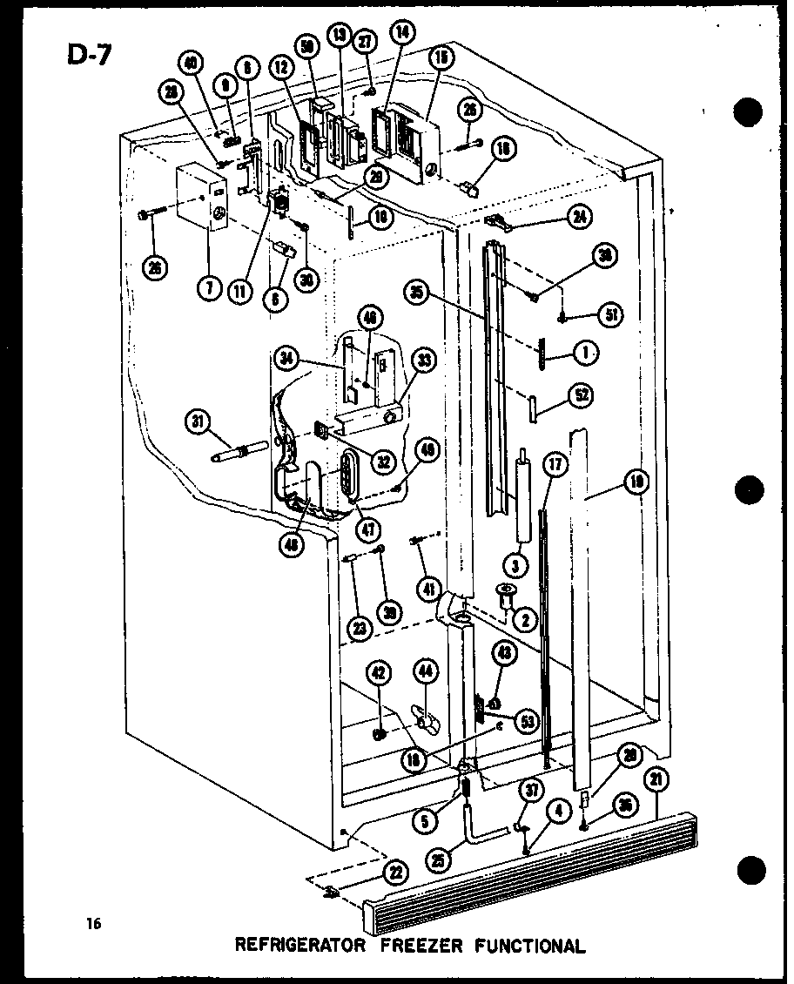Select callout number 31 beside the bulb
198,424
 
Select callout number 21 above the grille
656,781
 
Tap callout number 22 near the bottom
395,872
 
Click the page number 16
93,924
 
